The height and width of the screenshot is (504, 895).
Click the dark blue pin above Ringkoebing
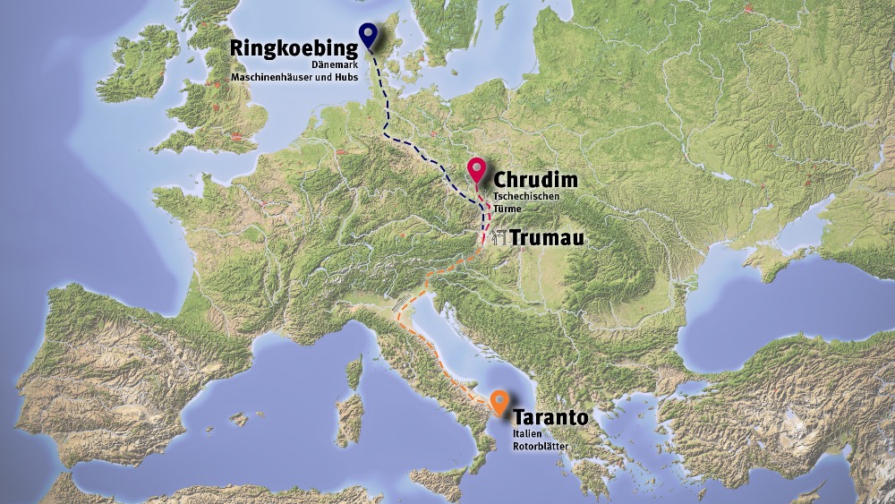pos(366,33)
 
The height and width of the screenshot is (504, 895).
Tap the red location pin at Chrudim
pos(476,167)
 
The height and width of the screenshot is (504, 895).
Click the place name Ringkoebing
pos(287,49)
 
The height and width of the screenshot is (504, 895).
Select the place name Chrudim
pos(535,180)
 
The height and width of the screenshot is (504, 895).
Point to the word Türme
pos(507,209)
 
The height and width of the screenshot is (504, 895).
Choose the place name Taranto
pos(550,418)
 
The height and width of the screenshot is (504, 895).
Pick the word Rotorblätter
pos(541,446)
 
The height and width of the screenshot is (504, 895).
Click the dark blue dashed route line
pos(388,116)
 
